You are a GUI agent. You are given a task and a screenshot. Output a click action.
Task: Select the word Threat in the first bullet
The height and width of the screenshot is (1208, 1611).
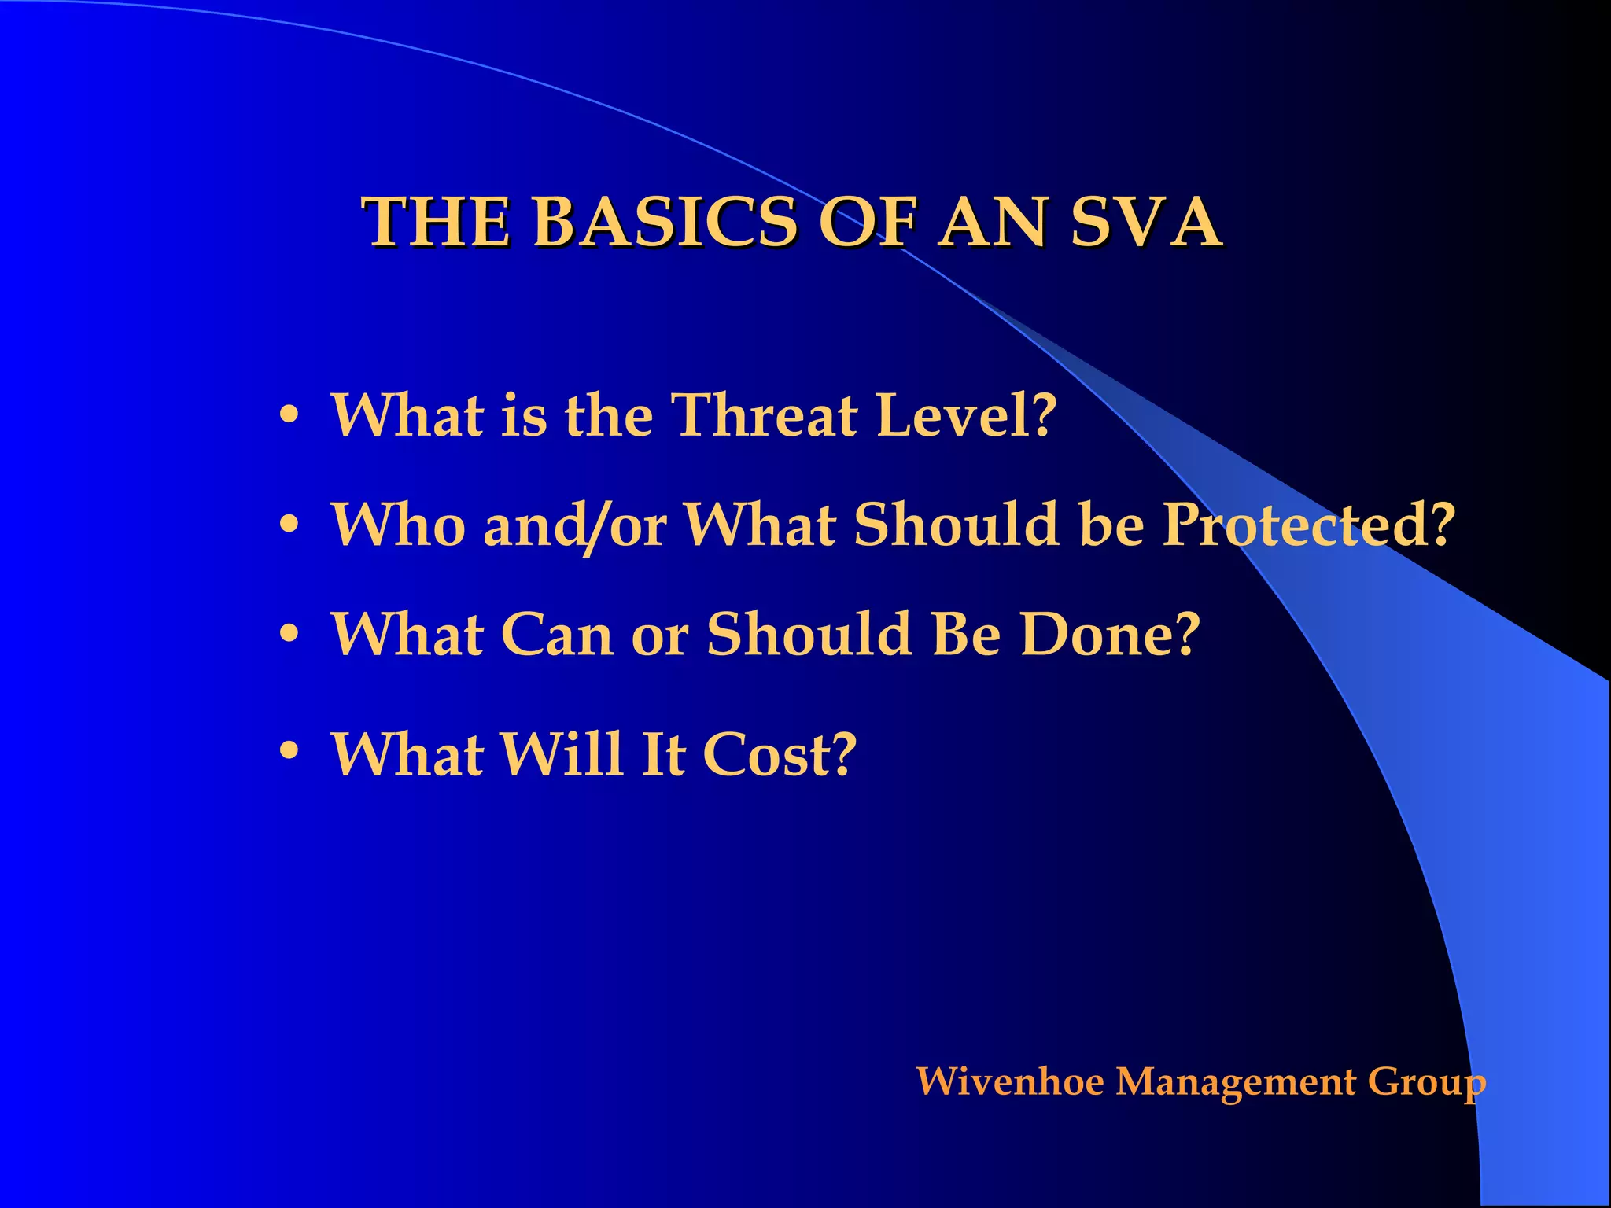click(x=763, y=415)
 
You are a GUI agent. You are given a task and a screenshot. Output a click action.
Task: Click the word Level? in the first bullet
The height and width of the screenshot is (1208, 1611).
click(x=965, y=415)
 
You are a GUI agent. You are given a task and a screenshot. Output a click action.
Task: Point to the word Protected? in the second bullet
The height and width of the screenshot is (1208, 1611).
click(x=1308, y=525)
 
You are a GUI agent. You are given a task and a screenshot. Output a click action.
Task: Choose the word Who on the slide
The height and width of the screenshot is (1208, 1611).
click(x=398, y=525)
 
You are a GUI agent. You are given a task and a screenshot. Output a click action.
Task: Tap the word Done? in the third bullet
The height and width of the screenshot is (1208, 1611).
click(x=1109, y=634)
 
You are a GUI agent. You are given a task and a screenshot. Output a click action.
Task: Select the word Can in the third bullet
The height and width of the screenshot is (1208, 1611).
click(x=556, y=634)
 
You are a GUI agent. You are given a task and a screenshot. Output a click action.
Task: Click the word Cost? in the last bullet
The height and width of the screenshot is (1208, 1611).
click(x=778, y=754)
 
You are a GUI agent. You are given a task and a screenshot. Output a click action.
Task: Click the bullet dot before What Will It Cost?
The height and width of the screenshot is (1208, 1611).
click(x=289, y=751)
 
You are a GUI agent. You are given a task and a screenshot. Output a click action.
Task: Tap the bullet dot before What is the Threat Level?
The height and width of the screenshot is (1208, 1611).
click(x=289, y=413)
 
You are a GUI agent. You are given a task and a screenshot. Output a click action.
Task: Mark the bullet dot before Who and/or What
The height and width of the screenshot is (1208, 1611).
click(x=289, y=522)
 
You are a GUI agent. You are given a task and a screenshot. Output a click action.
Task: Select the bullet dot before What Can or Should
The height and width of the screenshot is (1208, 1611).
click(x=289, y=632)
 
